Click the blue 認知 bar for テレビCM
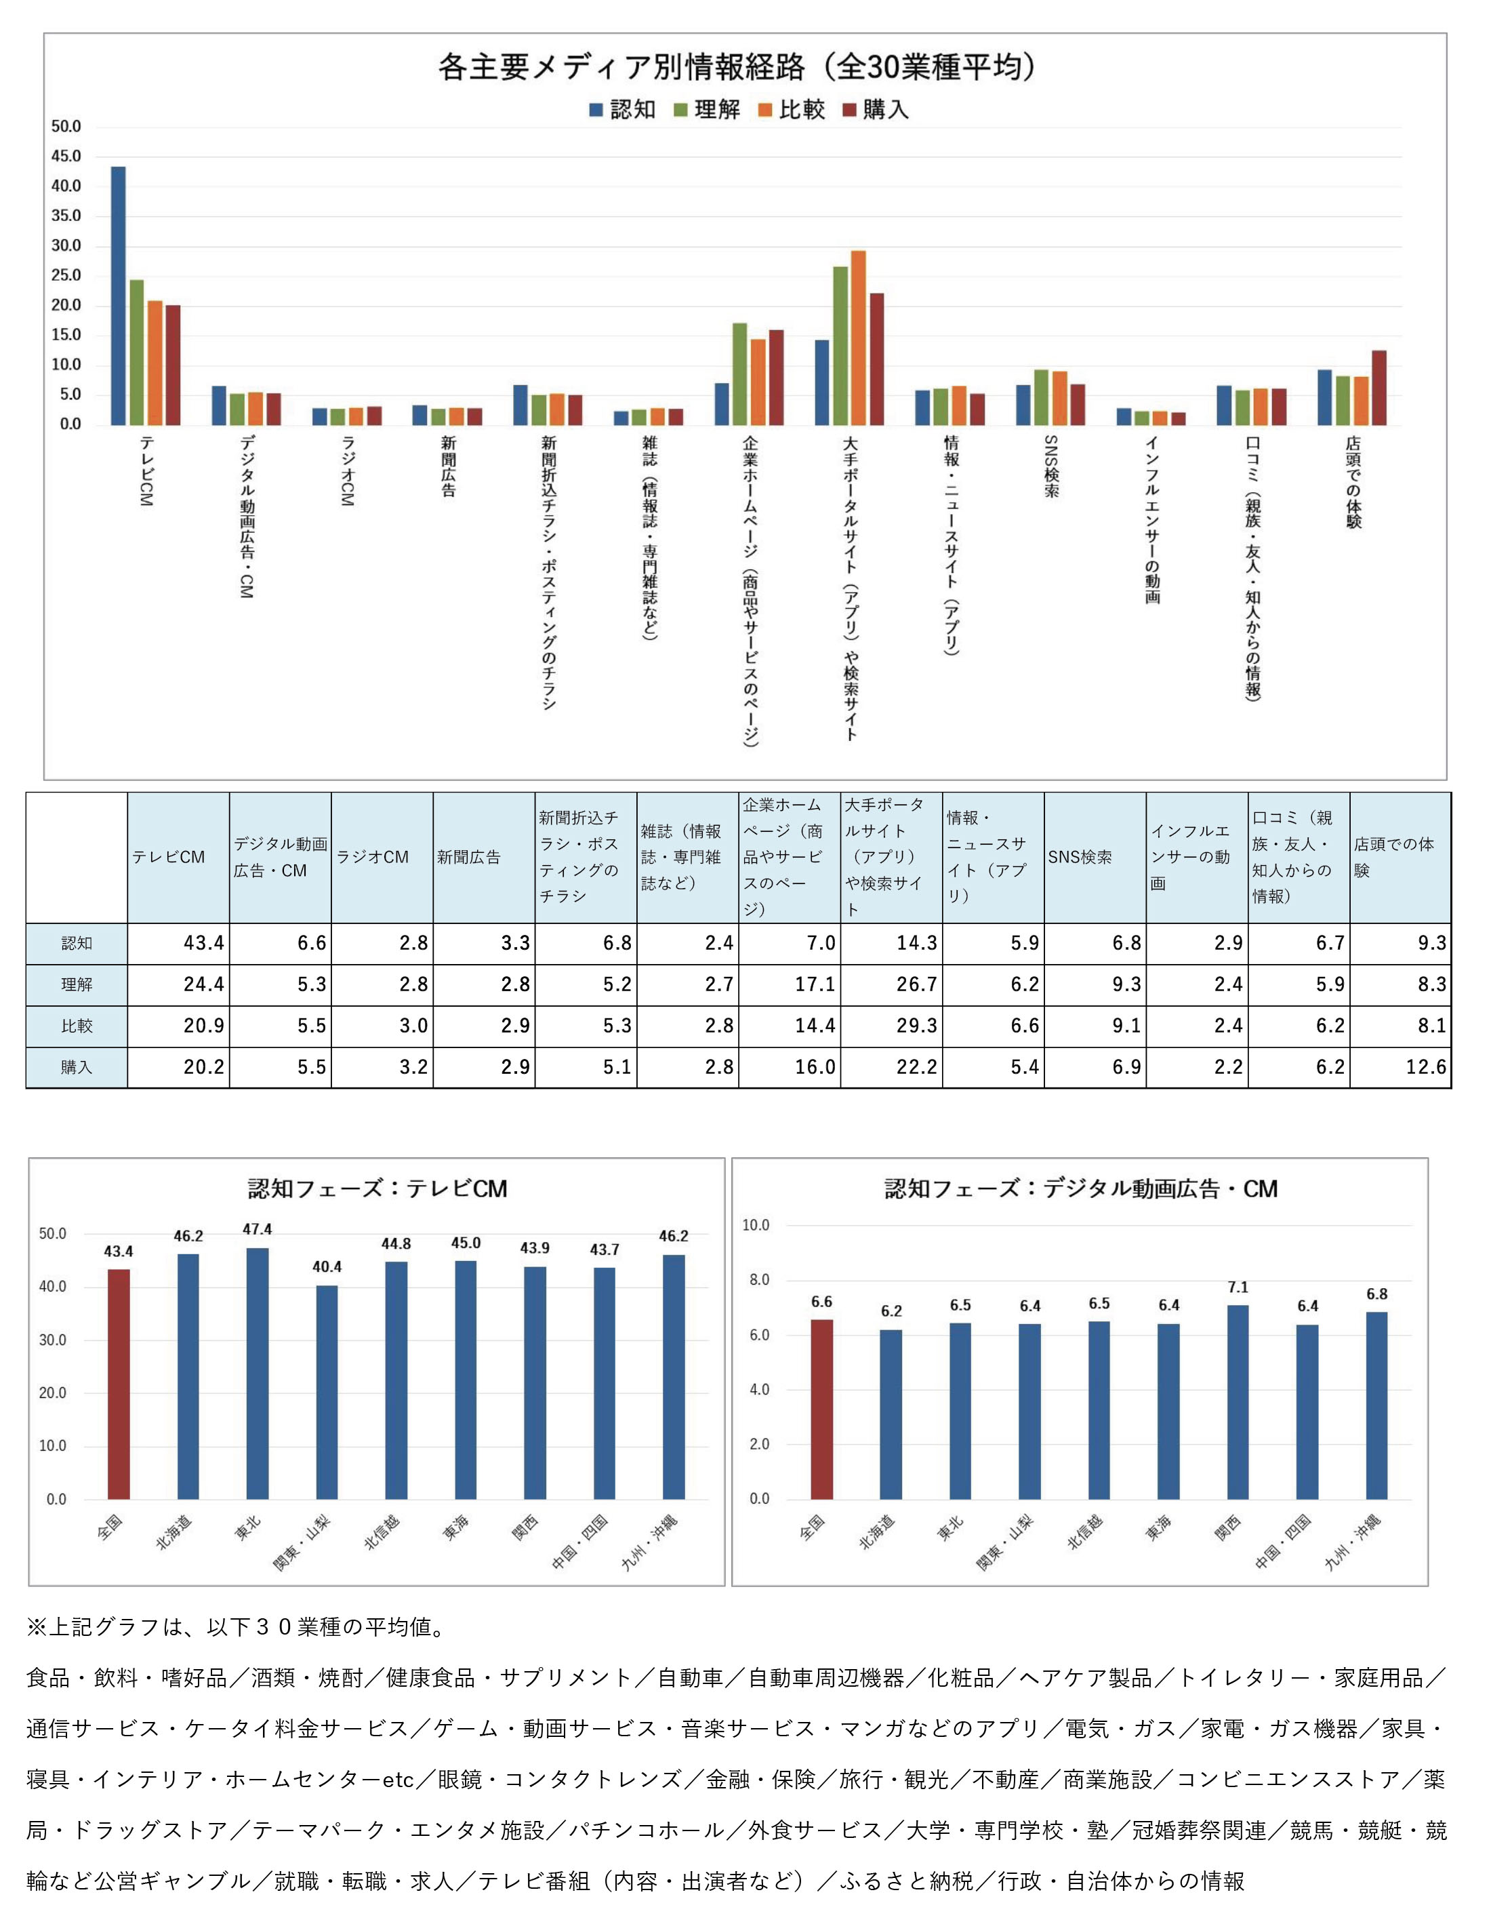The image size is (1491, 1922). coord(118,296)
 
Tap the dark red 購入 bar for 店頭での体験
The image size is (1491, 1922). coord(1379,388)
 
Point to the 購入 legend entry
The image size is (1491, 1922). coord(876,109)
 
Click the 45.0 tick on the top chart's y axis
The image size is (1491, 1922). coord(66,157)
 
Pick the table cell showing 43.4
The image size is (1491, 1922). coord(178,944)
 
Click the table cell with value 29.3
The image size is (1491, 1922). coord(891,1026)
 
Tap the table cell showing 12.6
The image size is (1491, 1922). coord(1400,1068)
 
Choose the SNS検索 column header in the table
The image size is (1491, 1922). coord(1095,857)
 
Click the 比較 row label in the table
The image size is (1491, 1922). coord(77,1026)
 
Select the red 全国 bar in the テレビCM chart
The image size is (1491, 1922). coord(119,1384)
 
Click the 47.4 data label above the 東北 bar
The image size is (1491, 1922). coord(258,1229)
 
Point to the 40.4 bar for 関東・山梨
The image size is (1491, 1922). coord(327,1393)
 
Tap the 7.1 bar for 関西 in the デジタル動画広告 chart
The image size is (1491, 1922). coord(1238,1402)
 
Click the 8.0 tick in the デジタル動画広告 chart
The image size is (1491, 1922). coord(759,1281)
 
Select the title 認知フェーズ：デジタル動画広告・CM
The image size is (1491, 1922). coord(1081,1189)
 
